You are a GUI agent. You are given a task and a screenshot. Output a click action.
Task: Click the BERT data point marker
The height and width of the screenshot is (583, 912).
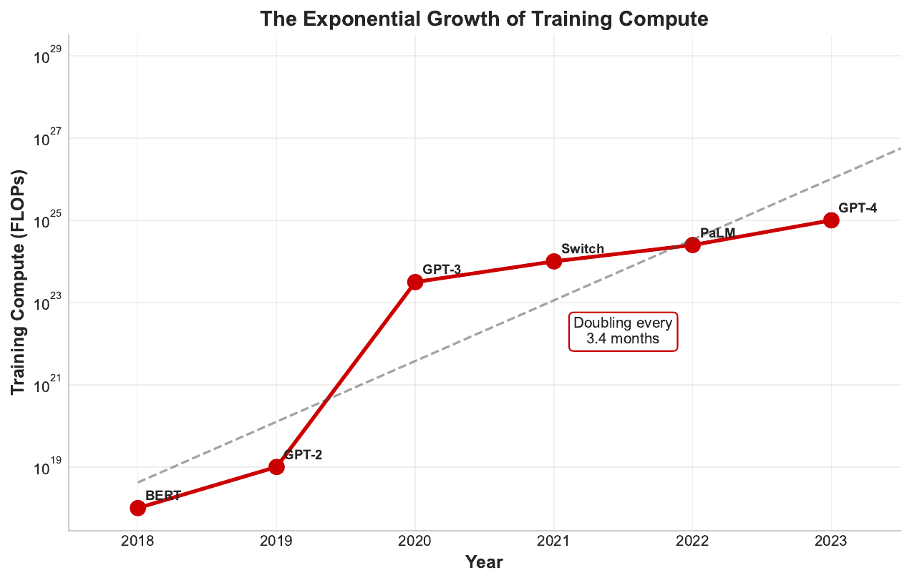click(x=137, y=508)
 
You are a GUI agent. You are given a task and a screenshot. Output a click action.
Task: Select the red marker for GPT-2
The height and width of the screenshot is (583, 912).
click(x=276, y=467)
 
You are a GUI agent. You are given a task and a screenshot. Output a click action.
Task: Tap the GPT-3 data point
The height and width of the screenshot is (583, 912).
click(x=414, y=282)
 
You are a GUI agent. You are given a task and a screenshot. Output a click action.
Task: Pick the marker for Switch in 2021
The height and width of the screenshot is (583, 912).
click(x=553, y=261)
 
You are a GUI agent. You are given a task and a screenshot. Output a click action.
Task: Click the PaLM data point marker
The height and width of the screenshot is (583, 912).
click(x=692, y=245)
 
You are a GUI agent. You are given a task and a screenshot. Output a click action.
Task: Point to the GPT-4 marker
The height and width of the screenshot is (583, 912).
click(x=831, y=220)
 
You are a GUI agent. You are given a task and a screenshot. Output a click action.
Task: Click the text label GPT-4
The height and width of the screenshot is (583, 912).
click(x=858, y=208)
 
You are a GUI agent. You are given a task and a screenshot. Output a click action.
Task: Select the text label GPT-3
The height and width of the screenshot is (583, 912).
click(x=442, y=270)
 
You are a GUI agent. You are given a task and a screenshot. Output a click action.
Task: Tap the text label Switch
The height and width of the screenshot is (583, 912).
click(x=583, y=249)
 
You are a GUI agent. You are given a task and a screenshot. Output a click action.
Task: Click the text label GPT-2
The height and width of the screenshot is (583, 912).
click(x=303, y=455)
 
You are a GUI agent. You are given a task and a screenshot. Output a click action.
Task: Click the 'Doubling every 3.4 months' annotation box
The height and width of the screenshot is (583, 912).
click(x=623, y=332)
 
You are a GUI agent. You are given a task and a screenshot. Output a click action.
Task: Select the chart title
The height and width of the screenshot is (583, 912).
click(x=484, y=19)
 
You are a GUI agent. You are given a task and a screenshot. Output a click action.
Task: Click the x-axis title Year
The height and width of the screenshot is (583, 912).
click(x=484, y=563)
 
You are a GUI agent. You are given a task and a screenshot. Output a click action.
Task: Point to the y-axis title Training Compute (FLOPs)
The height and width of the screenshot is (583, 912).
click(x=19, y=283)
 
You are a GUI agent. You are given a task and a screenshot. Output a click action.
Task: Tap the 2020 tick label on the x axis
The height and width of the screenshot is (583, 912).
click(x=414, y=542)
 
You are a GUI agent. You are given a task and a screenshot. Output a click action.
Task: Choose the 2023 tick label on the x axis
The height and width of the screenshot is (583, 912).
click(x=831, y=542)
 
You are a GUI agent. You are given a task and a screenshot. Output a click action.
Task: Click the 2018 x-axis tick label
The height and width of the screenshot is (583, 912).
click(x=137, y=542)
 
